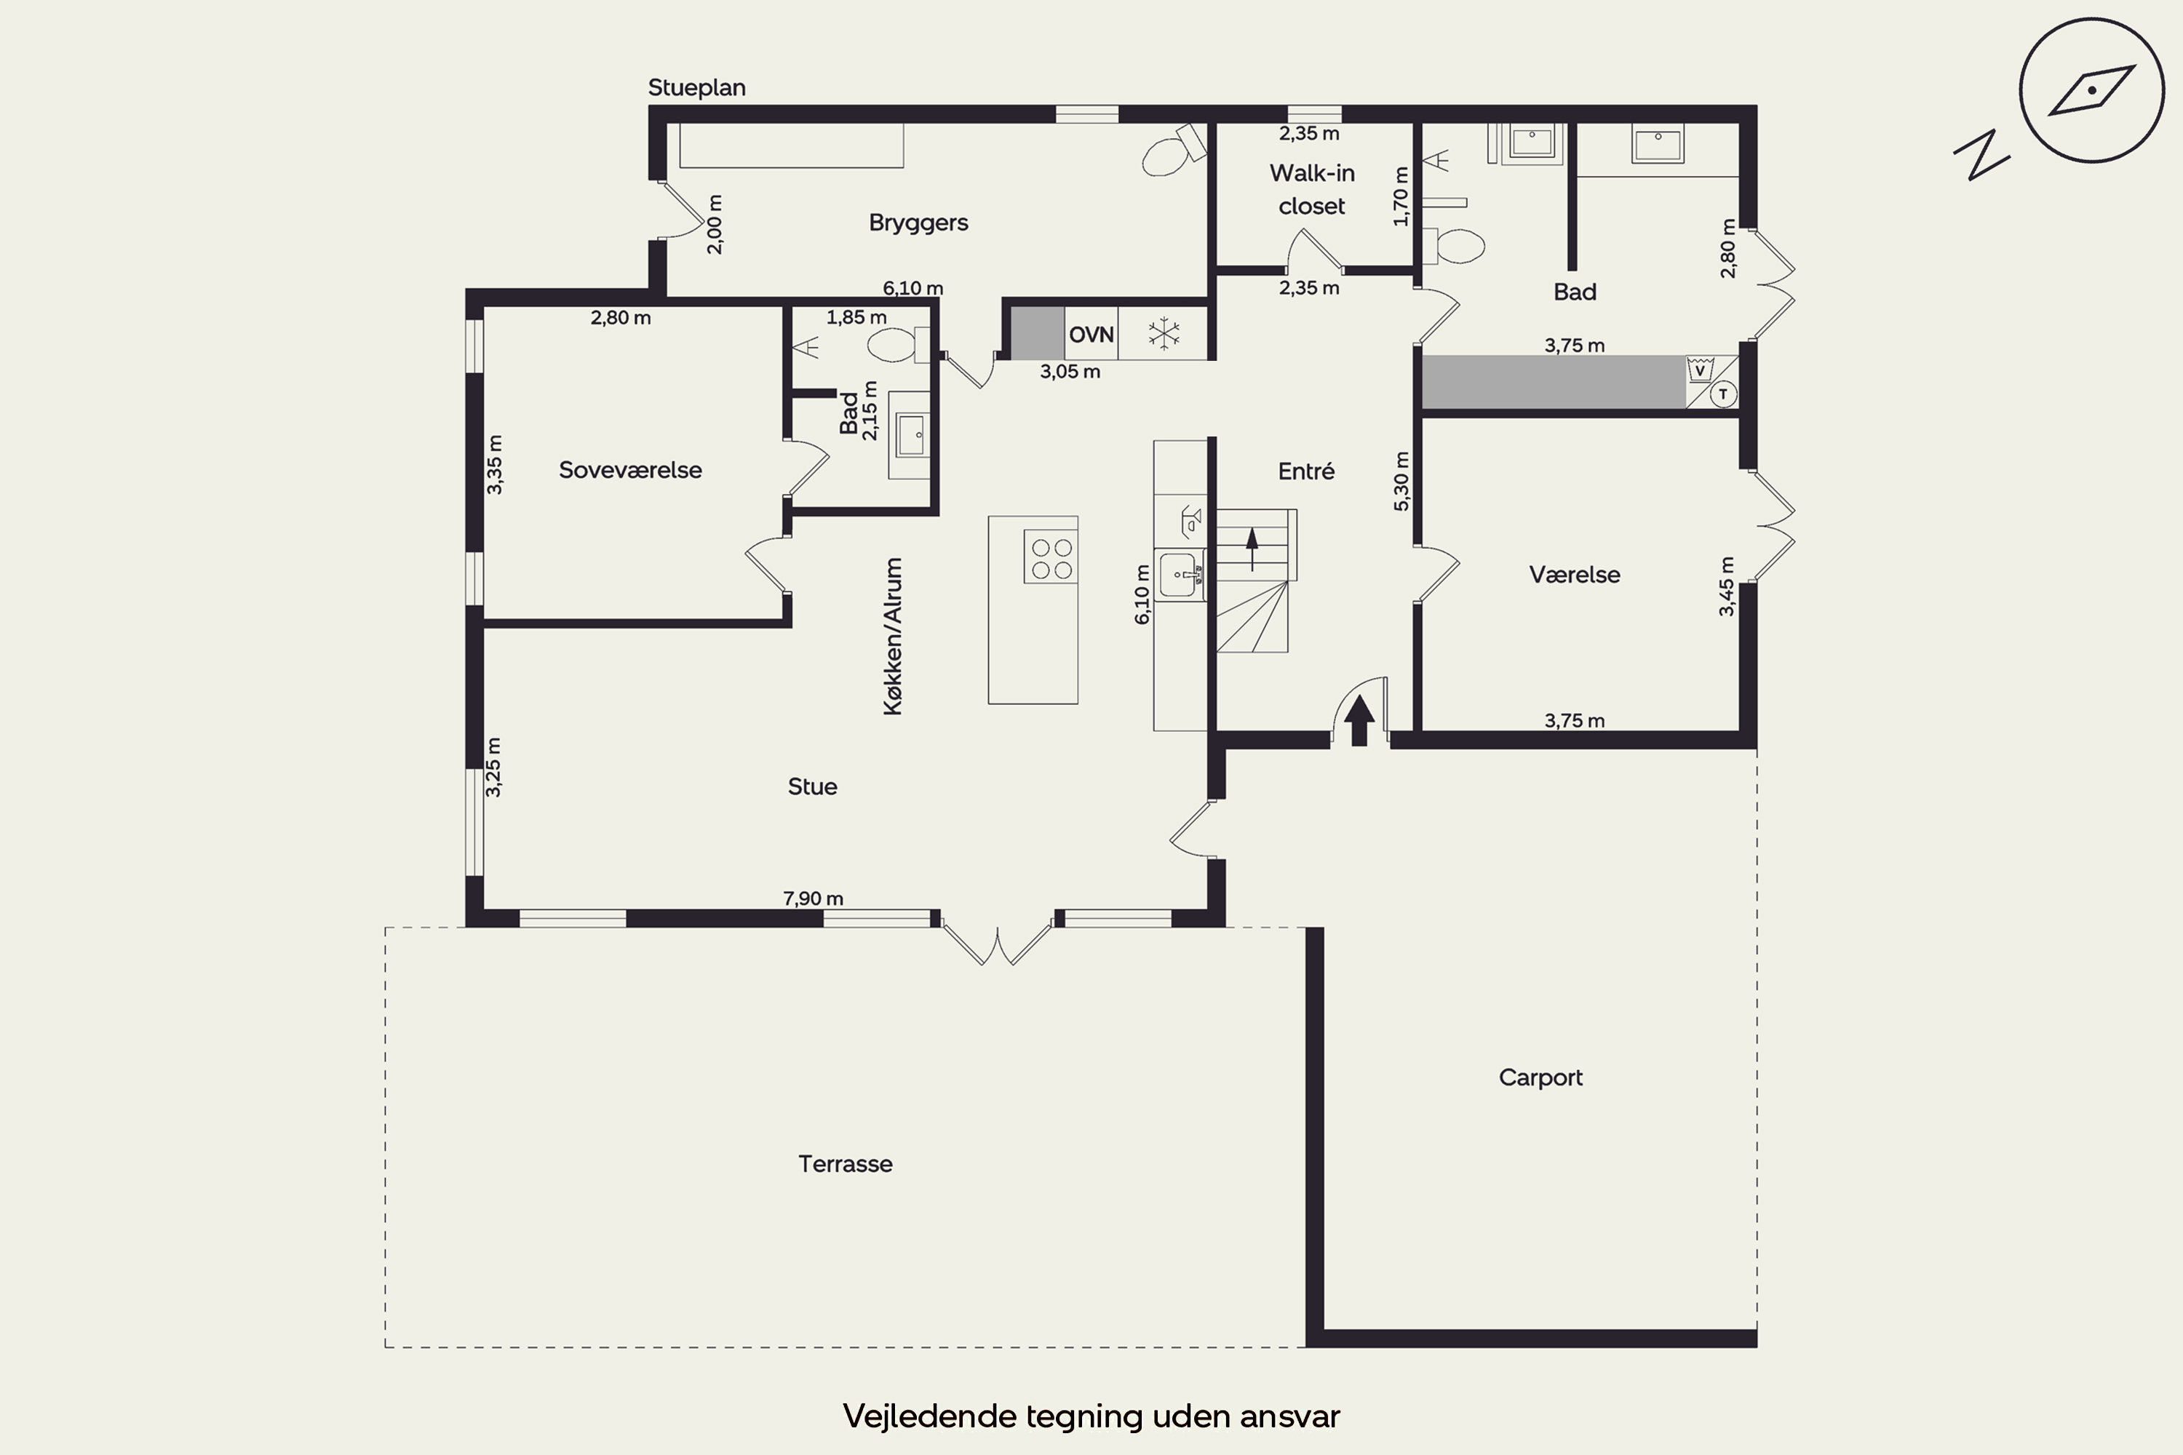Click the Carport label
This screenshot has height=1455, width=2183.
[x=1540, y=1077]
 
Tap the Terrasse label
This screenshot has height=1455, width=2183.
[x=846, y=1163]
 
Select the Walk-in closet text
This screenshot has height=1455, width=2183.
[x=1311, y=189]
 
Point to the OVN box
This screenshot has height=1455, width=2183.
[x=1091, y=334]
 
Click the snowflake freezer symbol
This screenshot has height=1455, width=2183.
[x=1163, y=334]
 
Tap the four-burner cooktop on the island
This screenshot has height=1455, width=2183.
[x=1051, y=557]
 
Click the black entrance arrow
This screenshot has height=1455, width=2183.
[x=1360, y=720]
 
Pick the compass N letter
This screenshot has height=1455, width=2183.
[x=1981, y=154]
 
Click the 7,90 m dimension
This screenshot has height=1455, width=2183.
[x=813, y=898]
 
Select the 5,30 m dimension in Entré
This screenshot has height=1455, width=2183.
[x=1401, y=481]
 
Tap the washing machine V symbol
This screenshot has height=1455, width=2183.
[x=1699, y=370]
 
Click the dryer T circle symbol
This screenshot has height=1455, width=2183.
[x=1724, y=394]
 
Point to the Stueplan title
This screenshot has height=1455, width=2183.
[x=696, y=88]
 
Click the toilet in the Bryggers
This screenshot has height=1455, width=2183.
[x=1172, y=151]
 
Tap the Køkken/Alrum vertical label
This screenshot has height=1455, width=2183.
[x=893, y=637]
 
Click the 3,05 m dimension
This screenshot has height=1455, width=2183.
[x=1070, y=372]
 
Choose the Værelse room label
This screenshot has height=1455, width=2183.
[x=1575, y=575]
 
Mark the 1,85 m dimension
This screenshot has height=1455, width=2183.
[x=856, y=317]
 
